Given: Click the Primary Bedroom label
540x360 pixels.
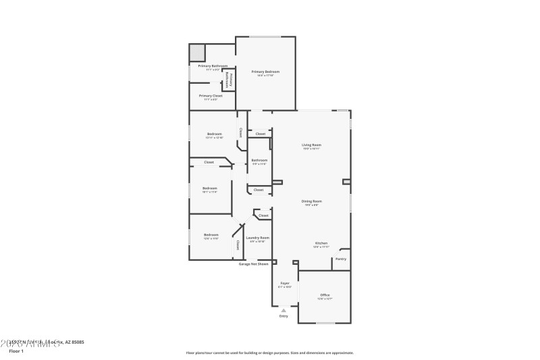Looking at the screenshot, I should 265,72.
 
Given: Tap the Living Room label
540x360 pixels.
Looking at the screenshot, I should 311,145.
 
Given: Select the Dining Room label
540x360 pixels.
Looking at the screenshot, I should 311,201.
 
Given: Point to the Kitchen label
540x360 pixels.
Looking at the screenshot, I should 321,243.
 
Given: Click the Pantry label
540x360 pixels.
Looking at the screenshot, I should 341,259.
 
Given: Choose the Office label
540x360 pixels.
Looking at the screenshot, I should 325,294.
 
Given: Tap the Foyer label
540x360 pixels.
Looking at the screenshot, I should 284,283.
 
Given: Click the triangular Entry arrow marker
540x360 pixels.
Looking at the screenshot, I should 283,310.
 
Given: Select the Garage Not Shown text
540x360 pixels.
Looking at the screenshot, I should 253,264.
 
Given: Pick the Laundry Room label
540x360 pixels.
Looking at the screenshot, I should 258,237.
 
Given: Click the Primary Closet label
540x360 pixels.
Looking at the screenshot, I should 211,96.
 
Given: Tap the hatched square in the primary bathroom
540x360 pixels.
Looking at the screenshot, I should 196,52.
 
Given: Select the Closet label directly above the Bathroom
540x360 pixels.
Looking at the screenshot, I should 260,134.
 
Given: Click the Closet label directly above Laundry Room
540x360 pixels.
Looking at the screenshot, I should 263,215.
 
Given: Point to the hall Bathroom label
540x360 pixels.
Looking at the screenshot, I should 260,160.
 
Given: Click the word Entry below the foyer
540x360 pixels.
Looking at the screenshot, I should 283,316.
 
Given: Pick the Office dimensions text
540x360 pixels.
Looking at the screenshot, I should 325,299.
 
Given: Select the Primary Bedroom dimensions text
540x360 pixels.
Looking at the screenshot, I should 265,76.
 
